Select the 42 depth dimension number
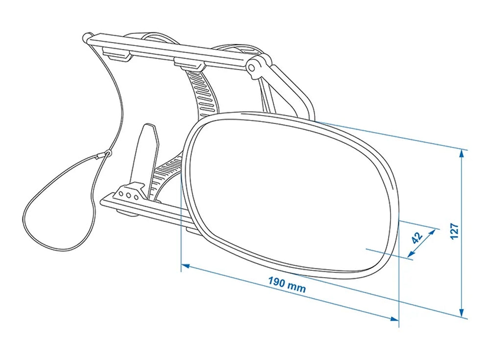click(417, 238)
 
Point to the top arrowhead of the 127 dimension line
click(462, 153)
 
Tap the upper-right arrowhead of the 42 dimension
click(434, 230)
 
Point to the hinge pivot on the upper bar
click(253, 68)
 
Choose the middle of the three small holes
click(129, 194)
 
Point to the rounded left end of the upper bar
click(87, 36)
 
